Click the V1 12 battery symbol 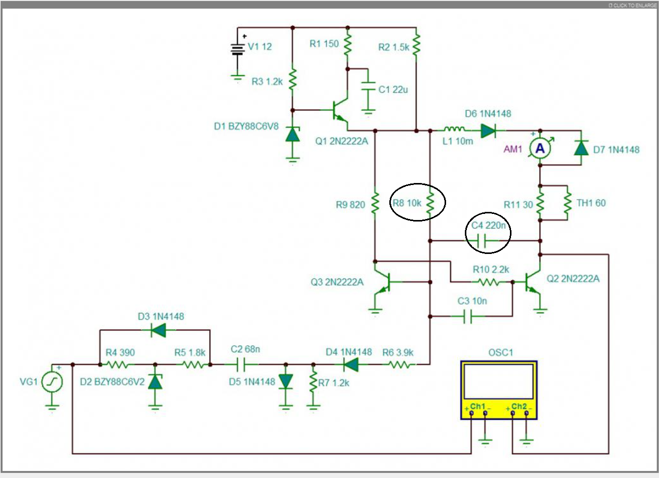coord(238,50)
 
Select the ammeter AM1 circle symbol coord(540,149)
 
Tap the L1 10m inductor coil coord(455,129)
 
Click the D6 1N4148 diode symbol coord(488,131)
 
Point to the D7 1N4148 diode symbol coord(581,148)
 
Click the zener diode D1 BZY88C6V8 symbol coord(292,134)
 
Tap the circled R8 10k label coord(407,203)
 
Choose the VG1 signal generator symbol coord(52,382)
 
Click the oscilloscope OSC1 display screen coord(499,382)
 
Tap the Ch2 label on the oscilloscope coord(519,406)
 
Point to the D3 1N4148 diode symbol coord(158,330)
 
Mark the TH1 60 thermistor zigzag coord(567,203)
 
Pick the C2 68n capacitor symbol coord(241,365)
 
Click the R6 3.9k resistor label coord(398,352)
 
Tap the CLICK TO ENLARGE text coord(632,5)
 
